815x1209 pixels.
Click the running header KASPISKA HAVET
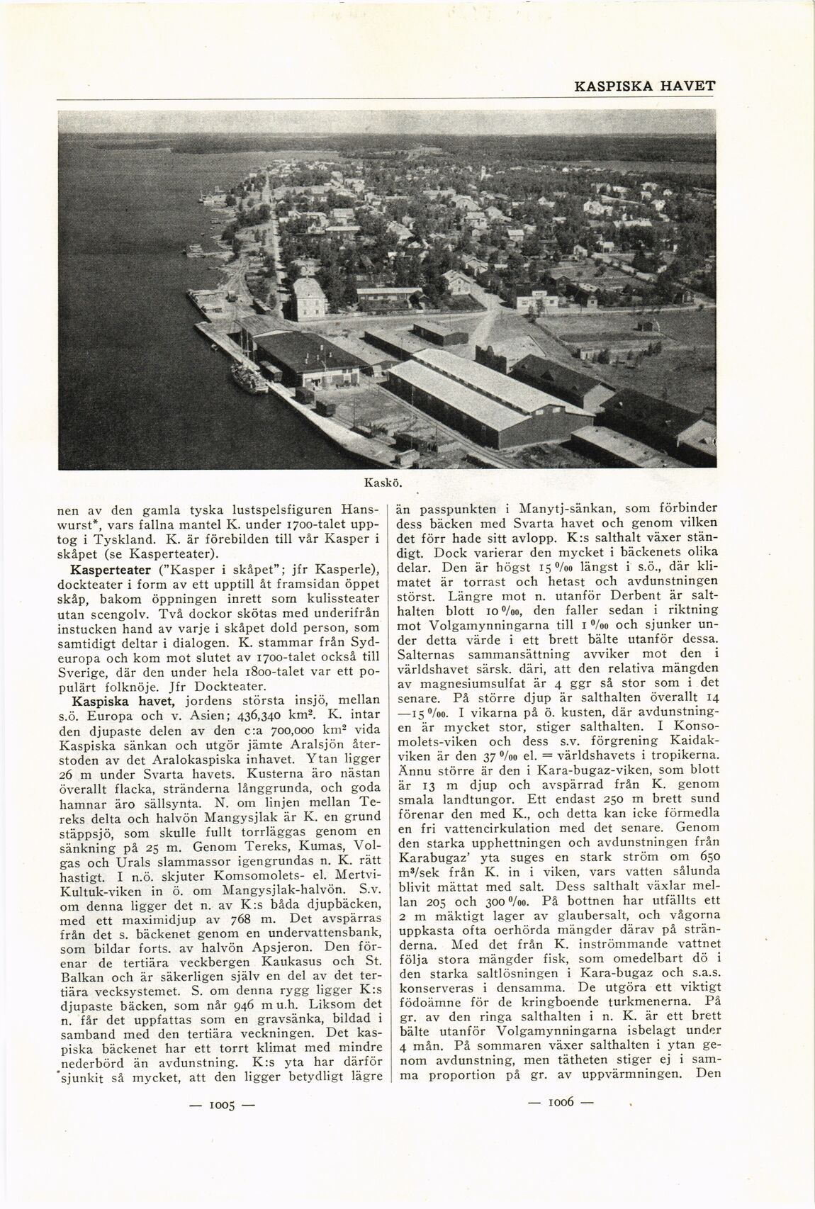(x=644, y=86)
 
